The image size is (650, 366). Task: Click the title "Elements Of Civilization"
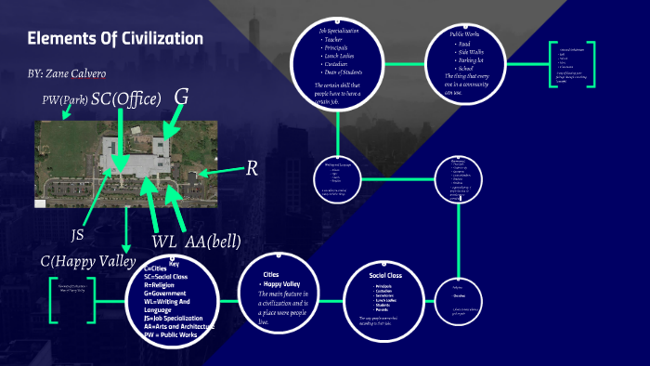pos(114,39)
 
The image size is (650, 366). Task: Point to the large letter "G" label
pos(182,96)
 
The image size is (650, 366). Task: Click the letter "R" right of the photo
pos(251,169)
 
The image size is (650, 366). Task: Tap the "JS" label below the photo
pos(78,235)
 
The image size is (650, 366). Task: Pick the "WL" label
pos(164,242)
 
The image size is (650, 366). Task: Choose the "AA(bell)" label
pos(213,242)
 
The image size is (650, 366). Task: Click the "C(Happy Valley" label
pos(88,261)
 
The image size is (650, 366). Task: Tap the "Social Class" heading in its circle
pos(384,275)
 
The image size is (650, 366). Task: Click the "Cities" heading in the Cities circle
pos(271,275)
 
